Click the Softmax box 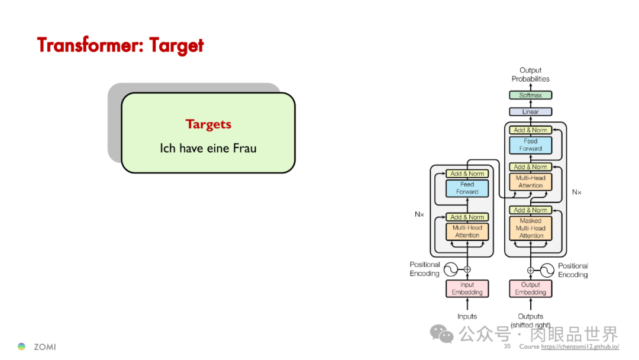pos(530,95)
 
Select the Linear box pos(530,112)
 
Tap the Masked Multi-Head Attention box pos(531,228)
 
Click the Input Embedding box pos(467,288)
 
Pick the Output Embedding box pos(530,288)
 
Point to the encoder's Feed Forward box pos(467,188)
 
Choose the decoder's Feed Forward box pos(530,145)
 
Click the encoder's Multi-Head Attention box pos(467,232)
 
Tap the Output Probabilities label pos(530,75)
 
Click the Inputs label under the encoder pos(467,316)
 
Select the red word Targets pos(208,124)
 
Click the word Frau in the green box pos(244,148)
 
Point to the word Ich pos(168,148)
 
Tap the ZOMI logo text pos(45,346)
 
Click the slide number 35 pos(507,346)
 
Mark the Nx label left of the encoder pos(419,214)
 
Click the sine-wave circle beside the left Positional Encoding pos(451,269)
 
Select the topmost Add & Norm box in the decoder pos(530,130)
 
